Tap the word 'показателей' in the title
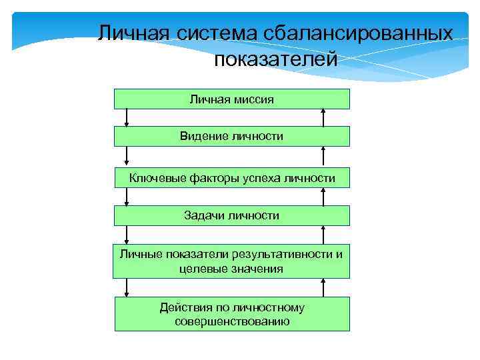pos(276,61)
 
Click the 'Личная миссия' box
pos(231,99)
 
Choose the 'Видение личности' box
pos(231,137)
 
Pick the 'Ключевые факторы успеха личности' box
pos(231,177)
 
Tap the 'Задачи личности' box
pos(231,215)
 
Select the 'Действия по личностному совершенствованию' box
pos(231,314)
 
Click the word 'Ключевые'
pos(154,177)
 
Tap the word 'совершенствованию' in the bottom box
pos(232,321)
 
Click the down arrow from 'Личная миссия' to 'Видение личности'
pos(127,118)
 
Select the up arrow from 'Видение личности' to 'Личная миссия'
pos(324,118)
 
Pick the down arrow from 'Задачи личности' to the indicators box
pos(127,235)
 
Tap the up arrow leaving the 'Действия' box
pos(324,287)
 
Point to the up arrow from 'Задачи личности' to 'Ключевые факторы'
pos(324,197)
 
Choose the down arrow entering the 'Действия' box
pos(127,287)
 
